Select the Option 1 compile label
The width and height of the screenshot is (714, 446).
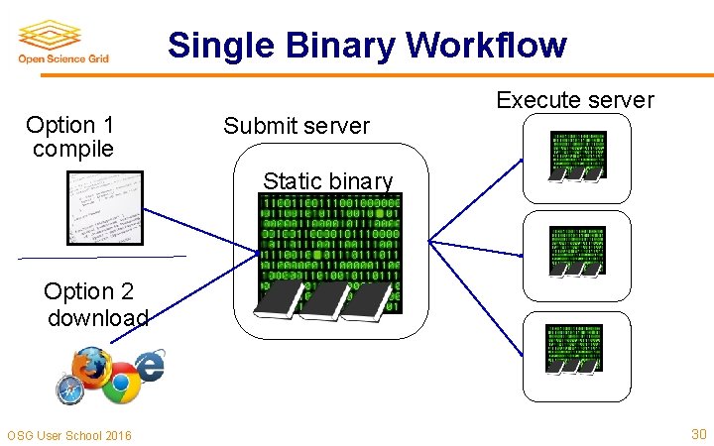click(71, 137)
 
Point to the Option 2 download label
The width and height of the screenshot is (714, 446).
click(95, 304)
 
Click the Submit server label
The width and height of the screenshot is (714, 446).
click(296, 126)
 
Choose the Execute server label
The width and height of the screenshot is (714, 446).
click(574, 100)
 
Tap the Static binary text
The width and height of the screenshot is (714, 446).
click(327, 180)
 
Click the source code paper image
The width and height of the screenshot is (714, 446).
click(104, 209)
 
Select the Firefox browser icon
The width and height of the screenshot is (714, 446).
click(91, 366)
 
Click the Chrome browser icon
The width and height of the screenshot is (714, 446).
click(122, 385)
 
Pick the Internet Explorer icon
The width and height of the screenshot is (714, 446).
click(150, 366)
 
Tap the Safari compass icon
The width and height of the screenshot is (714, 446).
click(70, 390)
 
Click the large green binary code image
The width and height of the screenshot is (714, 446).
click(329, 254)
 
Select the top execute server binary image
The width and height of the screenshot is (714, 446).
click(576, 156)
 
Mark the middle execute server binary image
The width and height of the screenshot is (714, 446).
click(576, 250)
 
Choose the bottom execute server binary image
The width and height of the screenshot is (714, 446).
click(573, 348)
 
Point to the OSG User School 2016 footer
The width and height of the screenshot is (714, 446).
click(68, 435)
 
